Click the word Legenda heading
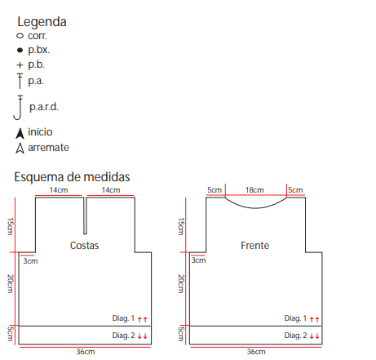click(42, 22)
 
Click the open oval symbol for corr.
click(20, 36)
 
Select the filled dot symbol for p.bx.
click(20, 50)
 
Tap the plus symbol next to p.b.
click(20, 65)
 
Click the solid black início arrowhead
click(20, 133)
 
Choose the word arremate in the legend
click(48, 148)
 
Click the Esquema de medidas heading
click(72, 177)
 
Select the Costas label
click(84, 246)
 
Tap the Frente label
click(255, 246)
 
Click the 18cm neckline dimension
click(254, 190)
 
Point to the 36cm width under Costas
click(86, 352)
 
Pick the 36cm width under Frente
click(256, 352)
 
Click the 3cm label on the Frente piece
click(198, 260)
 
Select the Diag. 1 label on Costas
click(123, 318)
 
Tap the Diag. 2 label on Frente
click(295, 336)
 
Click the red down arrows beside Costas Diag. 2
click(142, 336)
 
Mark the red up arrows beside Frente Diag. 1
click(314, 319)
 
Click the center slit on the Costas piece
click(85, 216)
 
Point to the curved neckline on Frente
click(255, 208)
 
